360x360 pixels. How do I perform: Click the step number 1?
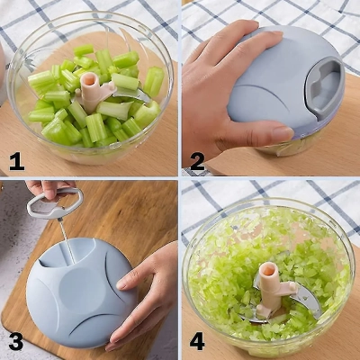16,161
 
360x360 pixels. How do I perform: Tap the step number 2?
197,162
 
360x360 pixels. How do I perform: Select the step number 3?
15,342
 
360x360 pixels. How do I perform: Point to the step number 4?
197,342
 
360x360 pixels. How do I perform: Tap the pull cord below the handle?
67,241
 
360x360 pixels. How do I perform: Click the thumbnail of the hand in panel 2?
283,132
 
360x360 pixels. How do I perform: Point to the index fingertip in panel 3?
121,283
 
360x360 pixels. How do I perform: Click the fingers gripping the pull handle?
49,189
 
